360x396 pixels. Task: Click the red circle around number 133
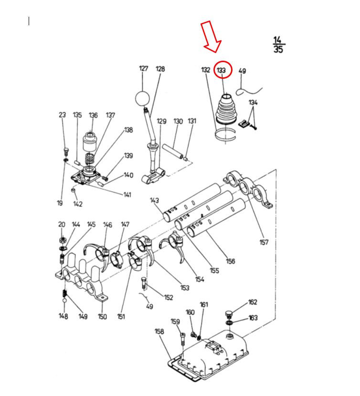coord(214,70)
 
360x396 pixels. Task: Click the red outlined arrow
coord(212,37)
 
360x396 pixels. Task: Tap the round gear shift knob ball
coord(142,98)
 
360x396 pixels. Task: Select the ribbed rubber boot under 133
coord(226,109)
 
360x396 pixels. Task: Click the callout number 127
coord(143,68)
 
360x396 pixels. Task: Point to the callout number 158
coord(159,331)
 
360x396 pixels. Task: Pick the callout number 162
coord(253,302)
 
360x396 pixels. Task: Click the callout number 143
coord(155,200)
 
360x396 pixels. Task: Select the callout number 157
coord(264,242)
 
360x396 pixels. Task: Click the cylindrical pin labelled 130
coord(173,151)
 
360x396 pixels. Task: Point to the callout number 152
coord(169,298)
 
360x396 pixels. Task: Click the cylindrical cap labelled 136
coord(90,142)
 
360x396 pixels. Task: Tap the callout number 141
coord(127,194)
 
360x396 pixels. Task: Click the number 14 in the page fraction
coord(277,40)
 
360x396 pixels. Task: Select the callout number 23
coord(62,115)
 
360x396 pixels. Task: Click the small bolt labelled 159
coord(183,340)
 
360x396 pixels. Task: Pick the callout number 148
coord(64,316)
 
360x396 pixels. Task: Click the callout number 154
coord(200,279)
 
